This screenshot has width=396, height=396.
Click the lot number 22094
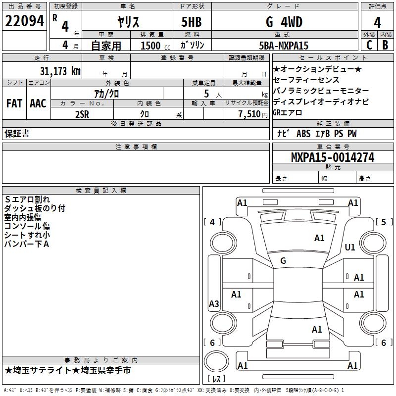click(x=25, y=21)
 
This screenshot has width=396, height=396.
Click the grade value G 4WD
click(x=284, y=22)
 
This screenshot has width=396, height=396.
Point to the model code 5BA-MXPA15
click(x=284, y=46)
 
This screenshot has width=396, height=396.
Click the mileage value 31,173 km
click(x=60, y=71)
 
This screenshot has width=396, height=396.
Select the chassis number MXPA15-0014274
click(x=333, y=157)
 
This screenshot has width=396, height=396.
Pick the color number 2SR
click(x=82, y=114)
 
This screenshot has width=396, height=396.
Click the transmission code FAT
click(x=14, y=103)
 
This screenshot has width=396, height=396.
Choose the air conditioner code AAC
click(x=38, y=103)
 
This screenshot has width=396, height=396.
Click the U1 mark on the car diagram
click(x=350, y=247)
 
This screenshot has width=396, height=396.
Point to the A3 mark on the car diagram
click(x=214, y=304)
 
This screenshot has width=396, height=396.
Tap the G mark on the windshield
click(x=283, y=260)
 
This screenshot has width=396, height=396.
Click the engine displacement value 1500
click(x=150, y=46)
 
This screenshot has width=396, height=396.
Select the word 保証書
click(x=17, y=134)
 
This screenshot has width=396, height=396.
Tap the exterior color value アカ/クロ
click(x=106, y=93)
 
